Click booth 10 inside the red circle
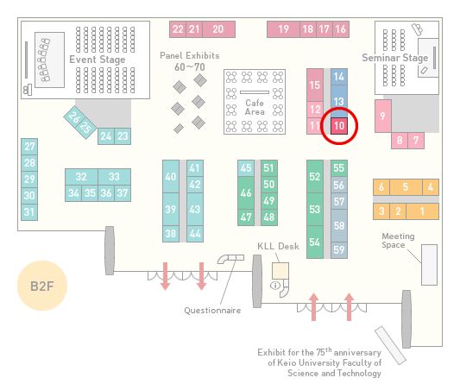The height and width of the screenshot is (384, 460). coord(339,126)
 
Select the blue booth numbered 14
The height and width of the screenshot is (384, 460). coord(339,77)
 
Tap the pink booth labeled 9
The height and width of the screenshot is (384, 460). coord(383,116)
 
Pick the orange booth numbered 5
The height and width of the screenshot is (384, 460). coord(406,187)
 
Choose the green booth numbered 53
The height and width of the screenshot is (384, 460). coord(315,209)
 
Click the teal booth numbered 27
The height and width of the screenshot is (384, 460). coord(29,147)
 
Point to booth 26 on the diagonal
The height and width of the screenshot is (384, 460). coord(73,117)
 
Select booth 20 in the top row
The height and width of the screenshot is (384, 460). coord(218,29)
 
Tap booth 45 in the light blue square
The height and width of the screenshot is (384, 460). coord(246,168)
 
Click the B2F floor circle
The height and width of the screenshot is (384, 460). coord(42,286)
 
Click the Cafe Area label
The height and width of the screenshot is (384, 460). coord(255,107)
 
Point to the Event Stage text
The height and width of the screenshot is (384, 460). coord(98,60)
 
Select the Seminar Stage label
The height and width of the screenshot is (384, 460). coord(395,58)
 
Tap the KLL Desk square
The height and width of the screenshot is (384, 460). coord(280,271)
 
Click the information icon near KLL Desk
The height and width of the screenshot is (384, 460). coord(275,285)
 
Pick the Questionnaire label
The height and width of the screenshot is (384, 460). coord(212,311)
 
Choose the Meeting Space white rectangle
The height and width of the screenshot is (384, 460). coord(429,265)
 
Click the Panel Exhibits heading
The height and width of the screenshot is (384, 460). coord(190,55)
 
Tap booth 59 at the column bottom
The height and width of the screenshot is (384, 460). coord(339,250)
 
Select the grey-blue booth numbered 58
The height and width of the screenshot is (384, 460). coord(339,225)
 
